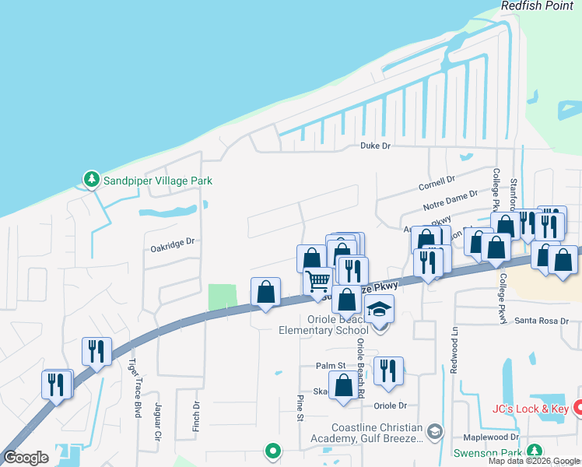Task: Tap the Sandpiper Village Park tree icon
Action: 91,180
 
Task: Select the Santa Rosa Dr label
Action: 543,321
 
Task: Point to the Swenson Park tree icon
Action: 535,451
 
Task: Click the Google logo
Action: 26,458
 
